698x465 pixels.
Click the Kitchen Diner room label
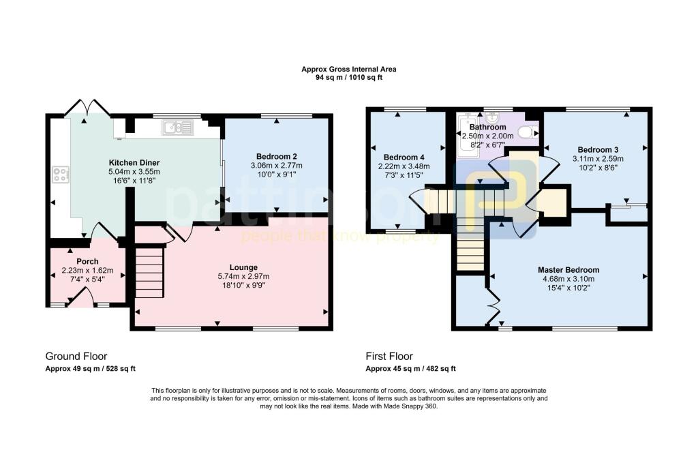pos(134,162)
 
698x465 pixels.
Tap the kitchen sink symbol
pos(178,127)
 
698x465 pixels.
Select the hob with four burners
pos(61,174)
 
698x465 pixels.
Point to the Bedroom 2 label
pos(277,156)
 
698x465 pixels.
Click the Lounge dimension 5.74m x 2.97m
pos(243,276)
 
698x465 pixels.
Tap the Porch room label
pos(87,261)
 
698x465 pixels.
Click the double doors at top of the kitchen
pos(87,107)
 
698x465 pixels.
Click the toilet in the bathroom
pos(528,132)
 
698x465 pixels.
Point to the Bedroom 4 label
pos(404,157)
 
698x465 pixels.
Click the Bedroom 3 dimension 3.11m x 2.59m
pos(598,159)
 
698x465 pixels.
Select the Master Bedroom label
pos(568,270)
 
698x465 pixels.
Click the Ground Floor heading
pos(76,357)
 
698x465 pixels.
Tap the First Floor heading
pos(389,357)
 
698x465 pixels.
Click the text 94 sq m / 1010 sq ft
pos(349,78)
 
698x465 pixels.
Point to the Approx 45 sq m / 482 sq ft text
pos(410,369)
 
